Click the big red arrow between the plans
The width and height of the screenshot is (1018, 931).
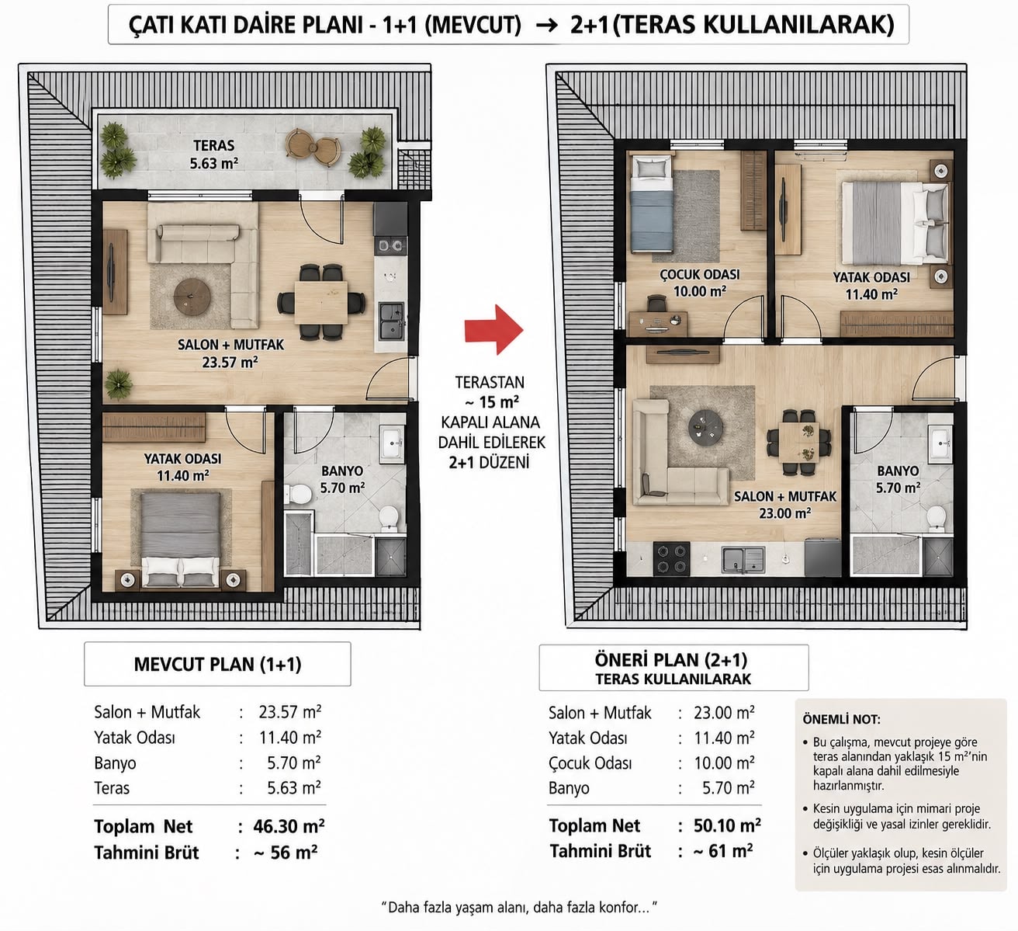493,330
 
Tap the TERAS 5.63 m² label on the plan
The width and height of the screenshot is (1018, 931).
213,155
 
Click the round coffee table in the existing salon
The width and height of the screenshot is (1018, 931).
192,297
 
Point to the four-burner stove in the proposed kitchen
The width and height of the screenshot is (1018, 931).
671,558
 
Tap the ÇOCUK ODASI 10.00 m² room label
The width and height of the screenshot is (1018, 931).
700,283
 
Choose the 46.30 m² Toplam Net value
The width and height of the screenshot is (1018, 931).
289,826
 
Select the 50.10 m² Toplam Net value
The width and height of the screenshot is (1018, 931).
727,825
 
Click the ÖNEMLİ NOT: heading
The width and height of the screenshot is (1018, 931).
841,719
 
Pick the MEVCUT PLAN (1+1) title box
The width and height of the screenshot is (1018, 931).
217,664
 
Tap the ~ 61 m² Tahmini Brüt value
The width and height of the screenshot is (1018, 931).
723,851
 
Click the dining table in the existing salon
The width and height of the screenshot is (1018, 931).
320,302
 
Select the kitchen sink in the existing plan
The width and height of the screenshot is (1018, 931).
392,321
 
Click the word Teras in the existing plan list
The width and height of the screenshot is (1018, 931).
112,788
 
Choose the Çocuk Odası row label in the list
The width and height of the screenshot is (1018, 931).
590,763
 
